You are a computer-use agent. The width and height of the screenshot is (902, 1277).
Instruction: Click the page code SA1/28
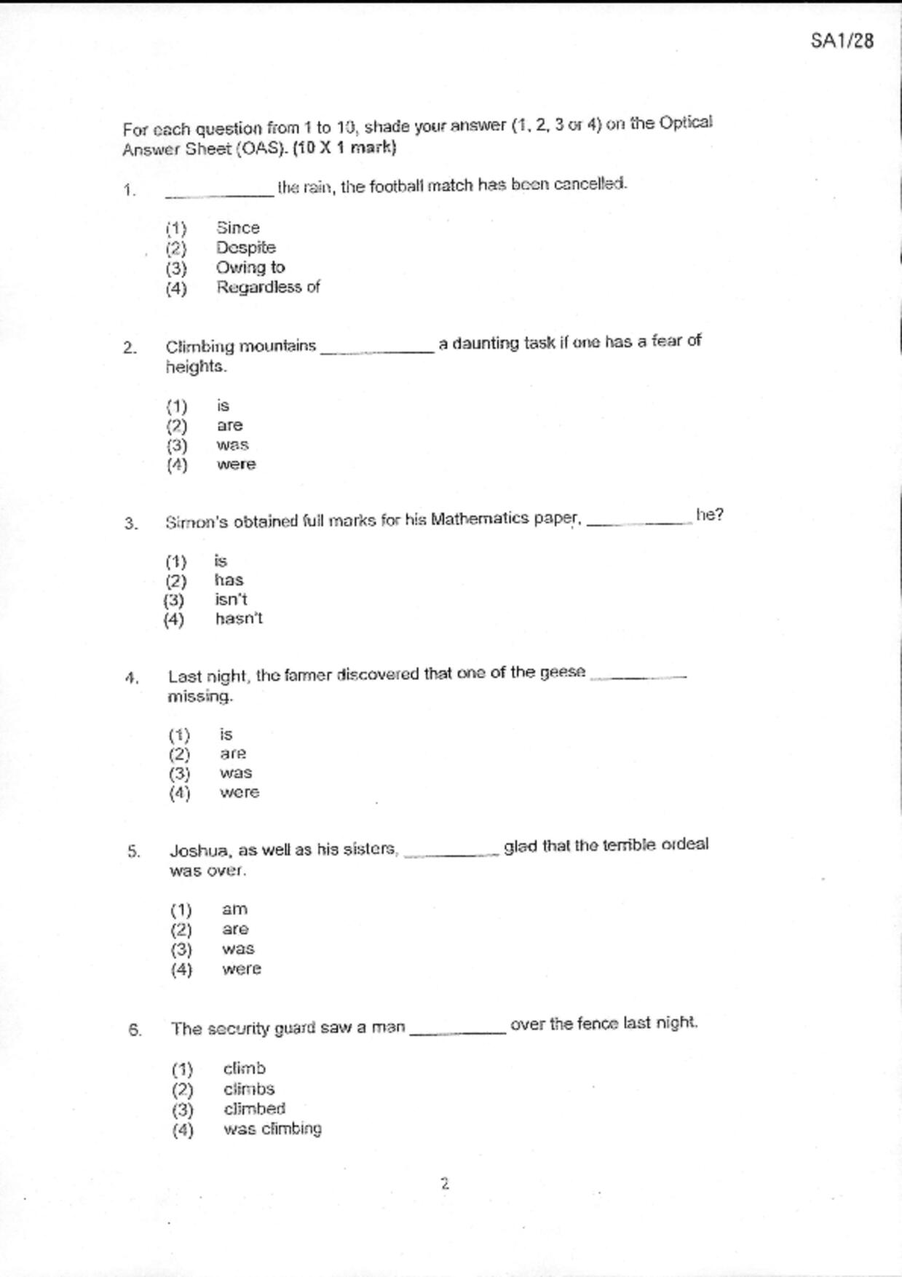pos(842,41)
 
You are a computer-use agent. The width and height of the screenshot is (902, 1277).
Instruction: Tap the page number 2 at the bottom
pos(445,1183)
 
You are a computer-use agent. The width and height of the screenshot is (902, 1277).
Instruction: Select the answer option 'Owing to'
pos(250,267)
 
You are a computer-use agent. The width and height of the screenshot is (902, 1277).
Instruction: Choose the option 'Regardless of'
pos(267,287)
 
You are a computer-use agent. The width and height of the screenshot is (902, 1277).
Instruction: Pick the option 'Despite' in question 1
pos(245,248)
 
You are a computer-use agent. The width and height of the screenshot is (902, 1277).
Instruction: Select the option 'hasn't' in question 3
pos(239,619)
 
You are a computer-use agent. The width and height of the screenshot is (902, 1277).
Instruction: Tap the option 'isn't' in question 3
pos(231,599)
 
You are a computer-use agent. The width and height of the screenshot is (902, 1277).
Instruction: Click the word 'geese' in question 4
pos(562,673)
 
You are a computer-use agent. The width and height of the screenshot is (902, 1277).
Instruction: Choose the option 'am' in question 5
pos(234,909)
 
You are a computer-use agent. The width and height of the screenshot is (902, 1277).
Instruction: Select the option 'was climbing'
pos(272,1128)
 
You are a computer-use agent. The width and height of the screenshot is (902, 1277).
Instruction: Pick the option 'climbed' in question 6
pos(254,1109)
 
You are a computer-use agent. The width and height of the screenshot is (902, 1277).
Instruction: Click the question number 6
pos(135,1029)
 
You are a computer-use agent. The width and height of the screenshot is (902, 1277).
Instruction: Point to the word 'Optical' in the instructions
pos(686,123)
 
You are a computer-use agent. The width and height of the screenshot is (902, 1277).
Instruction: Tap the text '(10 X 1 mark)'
pos(344,148)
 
